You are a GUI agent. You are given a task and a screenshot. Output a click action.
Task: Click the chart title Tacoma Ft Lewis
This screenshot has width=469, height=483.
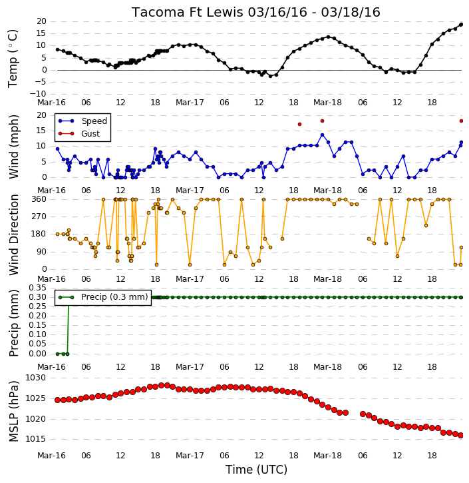pyautogui.click(x=188, y=12)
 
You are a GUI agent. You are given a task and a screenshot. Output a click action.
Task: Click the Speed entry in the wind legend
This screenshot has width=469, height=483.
pyautogui.click(x=94, y=121)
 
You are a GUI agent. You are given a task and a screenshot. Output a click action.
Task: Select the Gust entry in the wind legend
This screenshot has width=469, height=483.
pyautogui.click(x=90, y=134)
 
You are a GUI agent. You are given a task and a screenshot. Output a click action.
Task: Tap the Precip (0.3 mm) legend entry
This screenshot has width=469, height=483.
pyautogui.click(x=114, y=297)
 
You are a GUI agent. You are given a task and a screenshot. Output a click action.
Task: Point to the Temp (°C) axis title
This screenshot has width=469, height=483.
pyautogui.click(x=13, y=59)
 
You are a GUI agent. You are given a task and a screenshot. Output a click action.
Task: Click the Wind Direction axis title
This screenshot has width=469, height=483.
pyautogui.click(x=14, y=235)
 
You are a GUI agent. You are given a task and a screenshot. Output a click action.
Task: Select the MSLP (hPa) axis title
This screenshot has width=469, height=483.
pyautogui.click(x=14, y=411)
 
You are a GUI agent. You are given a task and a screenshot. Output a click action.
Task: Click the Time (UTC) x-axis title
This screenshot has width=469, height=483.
pyautogui.click(x=256, y=470)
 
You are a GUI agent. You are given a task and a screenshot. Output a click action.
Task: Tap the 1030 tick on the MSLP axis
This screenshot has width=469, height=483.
pyautogui.click(x=35, y=378)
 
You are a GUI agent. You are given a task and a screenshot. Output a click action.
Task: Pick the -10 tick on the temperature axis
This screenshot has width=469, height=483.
pyautogui.click(x=38, y=94)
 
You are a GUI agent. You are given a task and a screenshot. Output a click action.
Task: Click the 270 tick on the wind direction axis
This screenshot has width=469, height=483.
pyautogui.click(x=39, y=217)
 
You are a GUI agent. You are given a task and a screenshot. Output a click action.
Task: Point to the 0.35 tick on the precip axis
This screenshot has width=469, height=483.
pyautogui.click(x=37, y=288)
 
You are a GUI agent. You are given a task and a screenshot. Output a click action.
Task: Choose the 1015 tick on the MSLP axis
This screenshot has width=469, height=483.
pyautogui.click(x=35, y=439)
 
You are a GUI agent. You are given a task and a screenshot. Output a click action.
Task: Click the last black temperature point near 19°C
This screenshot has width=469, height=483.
pyautogui.click(x=461, y=25)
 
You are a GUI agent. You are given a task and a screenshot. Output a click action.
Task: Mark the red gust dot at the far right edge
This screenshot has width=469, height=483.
pyautogui.click(x=461, y=121)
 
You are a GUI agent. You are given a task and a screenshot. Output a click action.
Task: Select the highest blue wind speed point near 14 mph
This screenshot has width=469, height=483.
pyautogui.click(x=322, y=135)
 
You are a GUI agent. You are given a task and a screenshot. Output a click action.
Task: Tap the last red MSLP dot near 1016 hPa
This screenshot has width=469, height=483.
pyautogui.click(x=461, y=435)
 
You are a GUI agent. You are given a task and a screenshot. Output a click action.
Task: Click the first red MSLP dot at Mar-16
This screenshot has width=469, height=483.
pyautogui.click(x=57, y=400)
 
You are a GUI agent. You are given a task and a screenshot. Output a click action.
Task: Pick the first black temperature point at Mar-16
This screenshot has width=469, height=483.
pyautogui.click(x=57, y=49)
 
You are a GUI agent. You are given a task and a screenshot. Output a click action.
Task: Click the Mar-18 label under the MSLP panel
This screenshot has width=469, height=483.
pyautogui.click(x=327, y=455)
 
